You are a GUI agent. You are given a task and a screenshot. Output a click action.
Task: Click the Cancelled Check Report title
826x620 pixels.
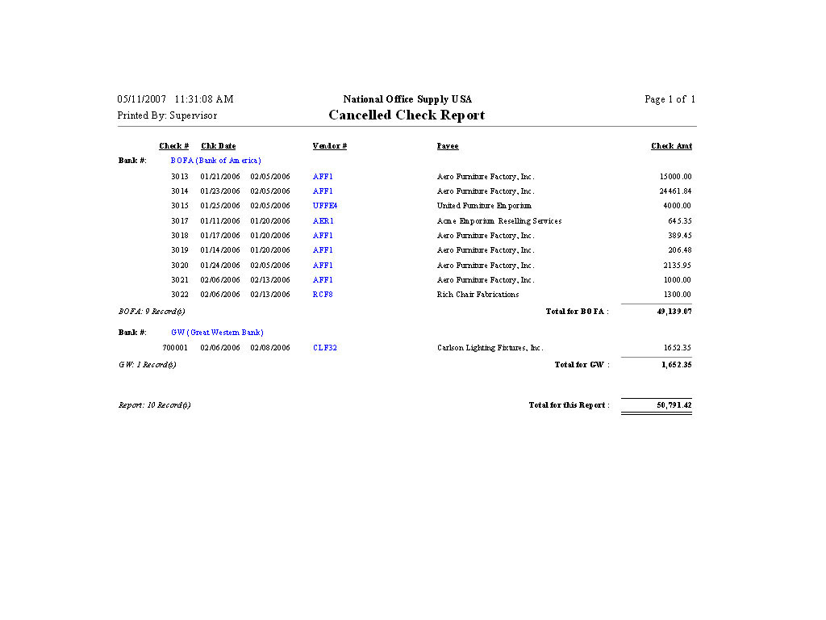(x=407, y=115)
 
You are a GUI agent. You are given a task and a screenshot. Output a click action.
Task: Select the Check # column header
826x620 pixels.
(x=174, y=146)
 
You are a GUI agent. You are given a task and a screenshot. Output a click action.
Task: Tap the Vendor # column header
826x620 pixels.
(x=330, y=146)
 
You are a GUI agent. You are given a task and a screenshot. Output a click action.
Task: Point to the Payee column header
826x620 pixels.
(x=448, y=146)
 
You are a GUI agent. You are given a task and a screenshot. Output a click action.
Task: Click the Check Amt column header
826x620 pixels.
(x=671, y=146)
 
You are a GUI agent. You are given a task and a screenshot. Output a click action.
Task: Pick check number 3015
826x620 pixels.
(x=180, y=206)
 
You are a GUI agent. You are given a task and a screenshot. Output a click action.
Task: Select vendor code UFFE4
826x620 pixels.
(x=325, y=206)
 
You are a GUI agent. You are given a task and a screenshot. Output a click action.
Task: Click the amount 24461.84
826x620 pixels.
(x=675, y=191)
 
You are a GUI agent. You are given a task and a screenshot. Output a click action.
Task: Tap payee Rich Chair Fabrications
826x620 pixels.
(x=478, y=295)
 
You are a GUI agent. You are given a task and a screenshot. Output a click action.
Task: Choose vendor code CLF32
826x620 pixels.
(x=325, y=348)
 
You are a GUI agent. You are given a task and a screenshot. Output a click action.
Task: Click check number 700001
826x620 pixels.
(x=176, y=348)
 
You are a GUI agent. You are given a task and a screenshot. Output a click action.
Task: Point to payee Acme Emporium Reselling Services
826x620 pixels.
(x=499, y=221)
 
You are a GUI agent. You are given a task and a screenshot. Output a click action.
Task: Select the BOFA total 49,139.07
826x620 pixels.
(x=674, y=312)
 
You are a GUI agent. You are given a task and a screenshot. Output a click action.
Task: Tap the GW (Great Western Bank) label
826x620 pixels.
(x=217, y=333)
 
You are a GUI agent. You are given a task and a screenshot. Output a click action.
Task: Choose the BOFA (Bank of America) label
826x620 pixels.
(x=215, y=161)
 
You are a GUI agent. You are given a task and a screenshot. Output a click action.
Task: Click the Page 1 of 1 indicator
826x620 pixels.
(x=670, y=99)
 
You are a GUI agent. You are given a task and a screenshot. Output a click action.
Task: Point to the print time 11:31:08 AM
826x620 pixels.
(x=204, y=99)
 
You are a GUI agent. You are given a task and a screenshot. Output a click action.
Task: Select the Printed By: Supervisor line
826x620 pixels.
(x=167, y=115)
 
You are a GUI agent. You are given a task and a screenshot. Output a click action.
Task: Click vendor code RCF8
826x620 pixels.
(x=323, y=295)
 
